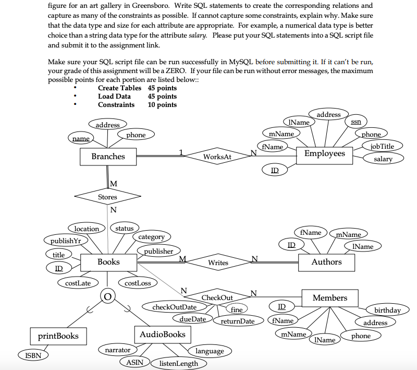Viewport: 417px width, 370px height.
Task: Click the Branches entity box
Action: [108, 157]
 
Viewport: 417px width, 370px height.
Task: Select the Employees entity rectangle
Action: [325, 153]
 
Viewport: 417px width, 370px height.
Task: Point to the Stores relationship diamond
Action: [108, 197]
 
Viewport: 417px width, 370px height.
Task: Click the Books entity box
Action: [108, 262]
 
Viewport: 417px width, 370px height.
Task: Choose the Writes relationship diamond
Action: [218, 262]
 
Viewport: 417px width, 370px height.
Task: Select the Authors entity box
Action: [326, 262]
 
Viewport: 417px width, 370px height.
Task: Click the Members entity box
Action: [329, 298]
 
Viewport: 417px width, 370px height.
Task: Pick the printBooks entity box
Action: [55, 336]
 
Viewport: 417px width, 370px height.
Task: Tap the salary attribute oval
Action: [383, 159]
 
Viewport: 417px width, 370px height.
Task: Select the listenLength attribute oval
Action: [178, 363]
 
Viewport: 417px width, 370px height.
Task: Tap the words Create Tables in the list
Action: [119, 88]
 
